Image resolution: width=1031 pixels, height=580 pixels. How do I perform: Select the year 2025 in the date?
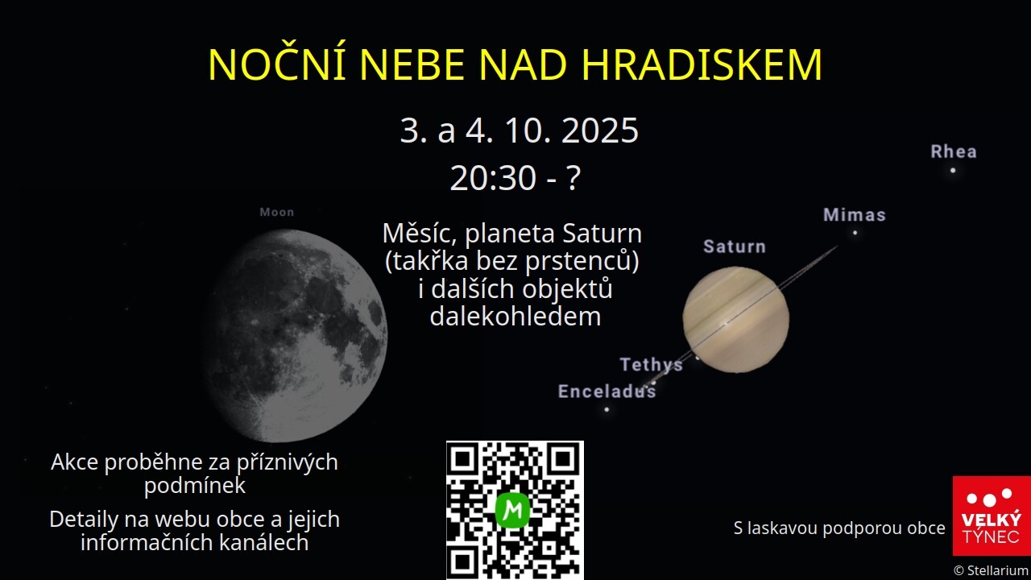[x=600, y=130]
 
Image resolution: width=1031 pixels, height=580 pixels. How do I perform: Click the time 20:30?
[x=493, y=178]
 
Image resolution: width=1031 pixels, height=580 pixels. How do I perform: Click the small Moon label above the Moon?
[x=276, y=212]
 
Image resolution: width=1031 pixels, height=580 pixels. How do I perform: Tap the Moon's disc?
[x=295, y=336]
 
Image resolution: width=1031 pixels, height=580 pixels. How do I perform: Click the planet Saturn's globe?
[x=735, y=320]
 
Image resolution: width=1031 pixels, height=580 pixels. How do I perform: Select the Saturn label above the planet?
[x=735, y=246]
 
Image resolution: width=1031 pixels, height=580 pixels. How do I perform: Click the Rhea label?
[x=954, y=152]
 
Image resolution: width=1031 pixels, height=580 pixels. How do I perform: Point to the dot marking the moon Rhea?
[x=953, y=170]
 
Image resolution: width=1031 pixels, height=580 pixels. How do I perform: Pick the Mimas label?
[x=855, y=215]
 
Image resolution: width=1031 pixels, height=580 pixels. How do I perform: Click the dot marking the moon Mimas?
[x=855, y=233]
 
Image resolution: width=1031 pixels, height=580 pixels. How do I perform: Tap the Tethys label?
[x=652, y=365]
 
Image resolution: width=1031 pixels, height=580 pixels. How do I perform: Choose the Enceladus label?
[x=607, y=391]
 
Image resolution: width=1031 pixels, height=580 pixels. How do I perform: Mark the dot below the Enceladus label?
[x=607, y=409]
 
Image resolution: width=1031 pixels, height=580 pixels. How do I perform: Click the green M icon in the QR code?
[x=513, y=510]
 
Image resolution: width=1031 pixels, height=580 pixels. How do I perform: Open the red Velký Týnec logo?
[x=992, y=516]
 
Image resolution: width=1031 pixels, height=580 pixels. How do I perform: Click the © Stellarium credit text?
[x=992, y=571]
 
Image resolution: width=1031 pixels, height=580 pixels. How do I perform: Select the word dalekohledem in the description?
[x=515, y=317]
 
